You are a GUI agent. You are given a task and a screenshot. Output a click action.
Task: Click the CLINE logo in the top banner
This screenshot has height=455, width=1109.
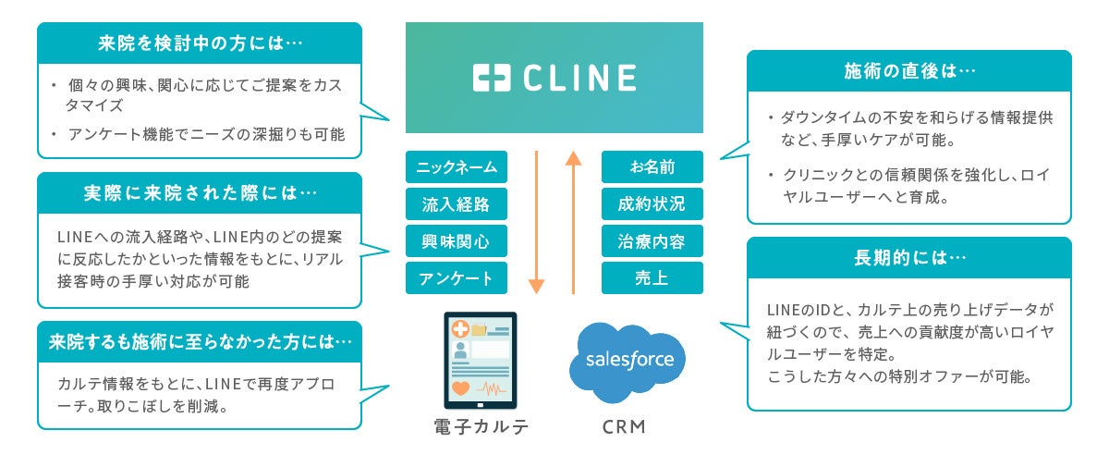pyautogui.click(x=554, y=78)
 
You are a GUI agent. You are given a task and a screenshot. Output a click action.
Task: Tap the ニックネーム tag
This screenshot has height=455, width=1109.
pyautogui.click(x=457, y=167)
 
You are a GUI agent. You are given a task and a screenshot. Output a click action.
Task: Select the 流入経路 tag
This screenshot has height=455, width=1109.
pyautogui.click(x=457, y=204)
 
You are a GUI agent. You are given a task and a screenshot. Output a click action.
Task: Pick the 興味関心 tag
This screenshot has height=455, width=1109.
pyautogui.click(x=457, y=241)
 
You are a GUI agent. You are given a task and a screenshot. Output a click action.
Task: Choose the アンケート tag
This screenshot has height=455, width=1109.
pyautogui.click(x=457, y=278)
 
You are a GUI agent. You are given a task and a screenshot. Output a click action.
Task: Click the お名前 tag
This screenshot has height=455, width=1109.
pyautogui.click(x=652, y=167)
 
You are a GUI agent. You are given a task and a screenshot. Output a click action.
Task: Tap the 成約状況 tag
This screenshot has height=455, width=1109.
pyautogui.click(x=652, y=204)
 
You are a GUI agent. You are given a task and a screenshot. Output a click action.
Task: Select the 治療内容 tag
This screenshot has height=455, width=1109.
pyautogui.click(x=652, y=241)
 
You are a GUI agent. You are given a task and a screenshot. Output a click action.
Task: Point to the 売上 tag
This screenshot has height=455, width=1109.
pyautogui.click(x=652, y=278)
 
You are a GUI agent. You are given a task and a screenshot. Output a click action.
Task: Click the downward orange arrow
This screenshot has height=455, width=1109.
pyautogui.click(x=536, y=222)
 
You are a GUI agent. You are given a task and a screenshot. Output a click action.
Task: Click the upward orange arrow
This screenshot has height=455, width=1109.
pyautogui.click(x=574, y=222)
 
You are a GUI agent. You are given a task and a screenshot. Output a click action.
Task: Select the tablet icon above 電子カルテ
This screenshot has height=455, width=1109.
pyautogui.click(x=480, y=362)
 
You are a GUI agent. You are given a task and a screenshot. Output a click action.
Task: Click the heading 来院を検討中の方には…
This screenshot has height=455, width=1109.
pyautogui.click(x=199, y=43)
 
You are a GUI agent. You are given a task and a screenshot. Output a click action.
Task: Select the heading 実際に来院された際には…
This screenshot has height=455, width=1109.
pyautogui.click(x=199, y=193)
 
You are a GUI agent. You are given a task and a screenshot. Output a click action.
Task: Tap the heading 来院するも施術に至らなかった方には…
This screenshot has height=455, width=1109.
pyautogui.click(x=199, y=342)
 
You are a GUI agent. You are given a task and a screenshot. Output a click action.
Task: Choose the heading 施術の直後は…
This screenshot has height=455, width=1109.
pyautogui.click(x=909, y=71)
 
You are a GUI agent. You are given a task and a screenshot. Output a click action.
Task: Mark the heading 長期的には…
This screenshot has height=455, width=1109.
pyautogui.click(x=909, y=258)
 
